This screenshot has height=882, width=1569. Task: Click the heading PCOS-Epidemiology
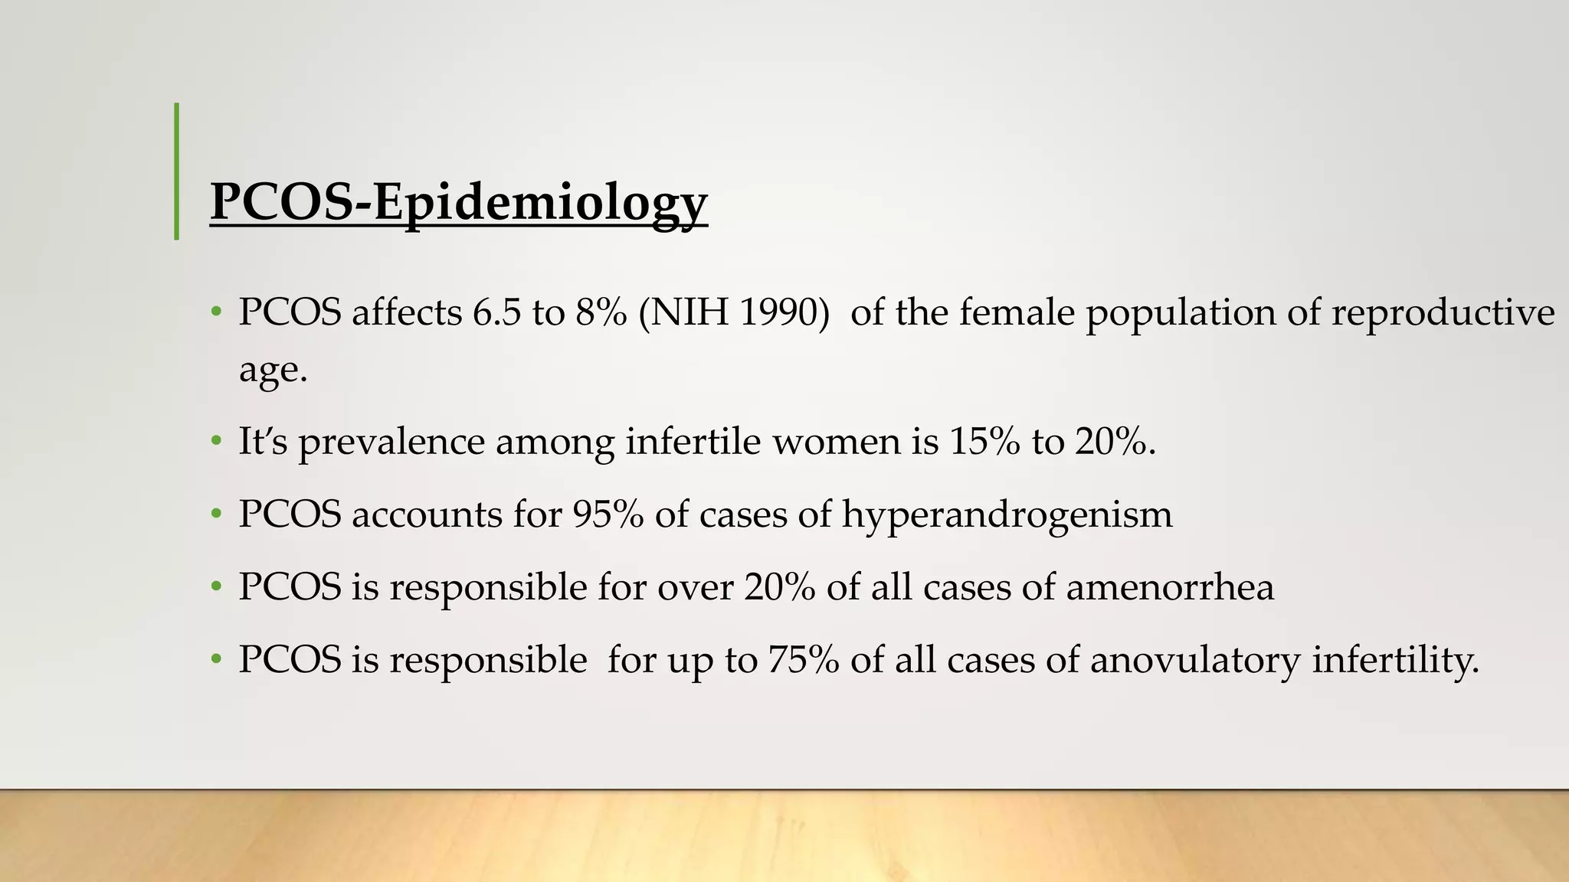click(458, 202)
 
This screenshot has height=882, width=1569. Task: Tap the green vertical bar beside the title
click(177, 171)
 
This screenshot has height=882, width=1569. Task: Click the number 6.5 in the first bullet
click(497, 312)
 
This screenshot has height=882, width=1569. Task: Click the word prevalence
click(391, 443)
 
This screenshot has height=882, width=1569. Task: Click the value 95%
click(608, 514)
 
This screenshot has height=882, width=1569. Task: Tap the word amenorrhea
click(1170, 587)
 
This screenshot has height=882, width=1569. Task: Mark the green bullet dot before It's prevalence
click(217, 442)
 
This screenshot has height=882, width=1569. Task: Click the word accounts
click(427, 514)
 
